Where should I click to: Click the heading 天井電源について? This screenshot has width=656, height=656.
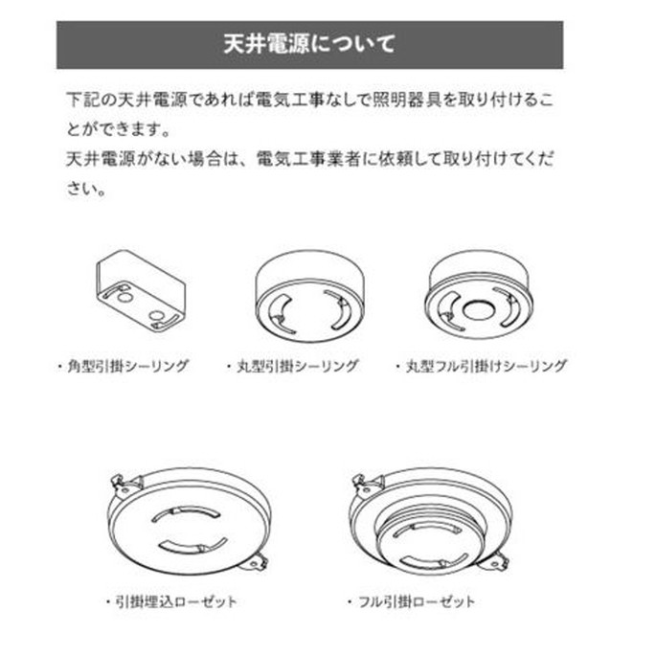point(309,44)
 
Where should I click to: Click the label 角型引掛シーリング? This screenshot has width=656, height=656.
point(127,366)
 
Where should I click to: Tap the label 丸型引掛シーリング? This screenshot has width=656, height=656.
point(298,366)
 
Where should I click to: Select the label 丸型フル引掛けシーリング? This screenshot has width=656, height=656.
point(486,366)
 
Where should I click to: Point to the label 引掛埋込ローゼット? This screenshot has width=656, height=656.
point(175,602)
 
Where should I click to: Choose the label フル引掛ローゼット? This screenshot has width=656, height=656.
point(417,602)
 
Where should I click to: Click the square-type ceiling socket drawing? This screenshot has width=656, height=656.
point(141,291)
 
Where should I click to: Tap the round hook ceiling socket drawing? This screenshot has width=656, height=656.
point(310,297)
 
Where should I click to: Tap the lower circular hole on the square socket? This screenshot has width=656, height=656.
point(156,316)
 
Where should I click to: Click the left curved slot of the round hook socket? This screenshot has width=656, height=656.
point(277,314)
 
